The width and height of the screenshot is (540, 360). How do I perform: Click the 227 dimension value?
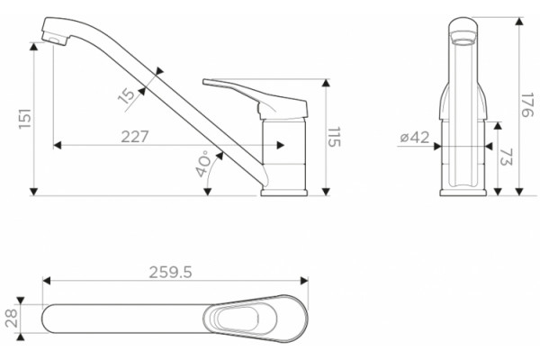(135, 137)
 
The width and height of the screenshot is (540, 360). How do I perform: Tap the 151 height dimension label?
(25, 119)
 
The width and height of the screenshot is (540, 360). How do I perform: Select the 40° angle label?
(203, 164)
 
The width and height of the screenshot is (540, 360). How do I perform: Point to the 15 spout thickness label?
(128, 95)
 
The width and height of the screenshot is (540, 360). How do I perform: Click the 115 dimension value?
(334, 137)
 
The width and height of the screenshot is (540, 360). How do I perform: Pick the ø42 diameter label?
(415, 138)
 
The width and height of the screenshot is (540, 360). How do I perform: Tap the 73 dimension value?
(505, 157)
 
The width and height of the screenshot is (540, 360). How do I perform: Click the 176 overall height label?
(526, 104)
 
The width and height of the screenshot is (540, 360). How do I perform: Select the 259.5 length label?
(170, 273)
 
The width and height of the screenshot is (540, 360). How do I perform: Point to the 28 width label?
(11, 318)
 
